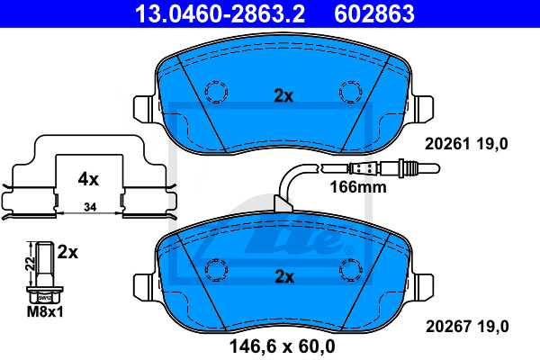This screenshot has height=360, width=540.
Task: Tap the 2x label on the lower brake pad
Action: click(x=283, y=275)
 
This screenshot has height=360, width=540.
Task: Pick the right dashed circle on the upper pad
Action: click(x=349, y=91)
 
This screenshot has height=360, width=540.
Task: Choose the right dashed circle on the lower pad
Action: click(x=349, y=268)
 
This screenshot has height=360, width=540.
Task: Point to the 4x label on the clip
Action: click(x=87, y=179)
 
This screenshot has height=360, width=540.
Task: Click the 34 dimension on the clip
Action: click(x=87, y=208)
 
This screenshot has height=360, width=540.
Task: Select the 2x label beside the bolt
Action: click(x=67, y=253)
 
